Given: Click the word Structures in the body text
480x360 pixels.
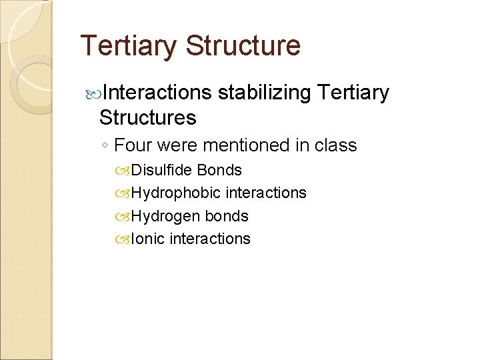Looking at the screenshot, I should click(147, 118).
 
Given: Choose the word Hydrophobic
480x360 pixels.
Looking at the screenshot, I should click(177, 193).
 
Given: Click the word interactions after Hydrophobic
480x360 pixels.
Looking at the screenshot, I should click(266, 193).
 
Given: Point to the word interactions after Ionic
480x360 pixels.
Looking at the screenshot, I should click(210, 239).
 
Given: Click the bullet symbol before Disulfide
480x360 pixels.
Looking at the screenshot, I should click(124, 171).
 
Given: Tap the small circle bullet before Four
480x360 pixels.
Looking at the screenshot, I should click(105, 146).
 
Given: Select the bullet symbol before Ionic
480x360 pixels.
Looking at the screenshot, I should click(124, 239).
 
